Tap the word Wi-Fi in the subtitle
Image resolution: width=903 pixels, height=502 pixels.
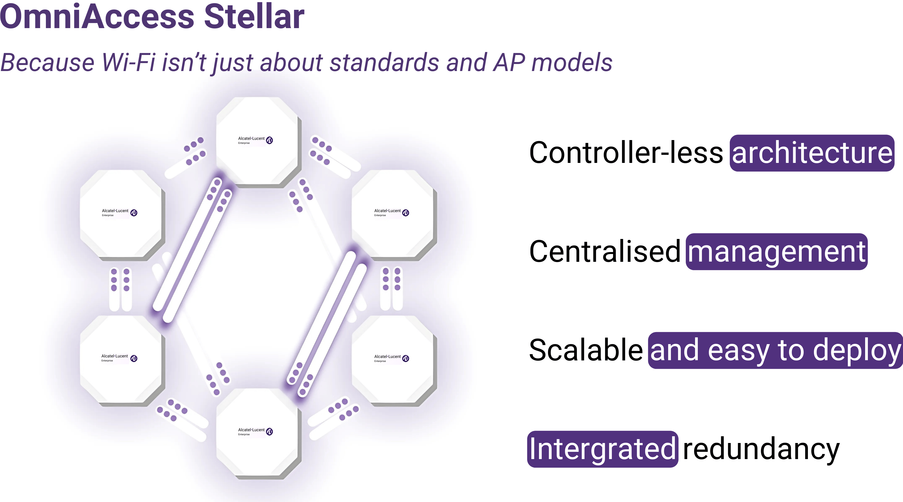click(128, 62)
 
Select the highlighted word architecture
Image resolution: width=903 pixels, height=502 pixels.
click(812, 153)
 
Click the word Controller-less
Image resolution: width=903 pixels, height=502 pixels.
click(626, 153)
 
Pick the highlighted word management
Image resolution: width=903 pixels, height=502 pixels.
click(777, 252)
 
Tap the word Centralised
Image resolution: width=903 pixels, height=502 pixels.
click(605, 251)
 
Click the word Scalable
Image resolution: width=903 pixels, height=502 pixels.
click(586, 350)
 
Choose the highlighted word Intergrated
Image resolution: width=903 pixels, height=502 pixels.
click(602, 449)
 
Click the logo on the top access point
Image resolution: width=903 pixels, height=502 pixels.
click(255, 140)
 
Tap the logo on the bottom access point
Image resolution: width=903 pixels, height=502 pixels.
click(255, 431)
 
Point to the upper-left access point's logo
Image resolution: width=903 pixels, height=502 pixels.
click(119, 213)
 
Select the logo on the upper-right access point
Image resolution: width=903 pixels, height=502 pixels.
click(392, 213)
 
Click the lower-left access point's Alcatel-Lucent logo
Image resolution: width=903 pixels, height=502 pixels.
click(119, 358)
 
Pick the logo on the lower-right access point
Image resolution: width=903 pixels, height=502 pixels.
click(392, 358)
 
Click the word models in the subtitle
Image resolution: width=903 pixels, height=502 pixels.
click(572, 62)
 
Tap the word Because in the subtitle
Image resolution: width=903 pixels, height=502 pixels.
click(48, 62)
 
